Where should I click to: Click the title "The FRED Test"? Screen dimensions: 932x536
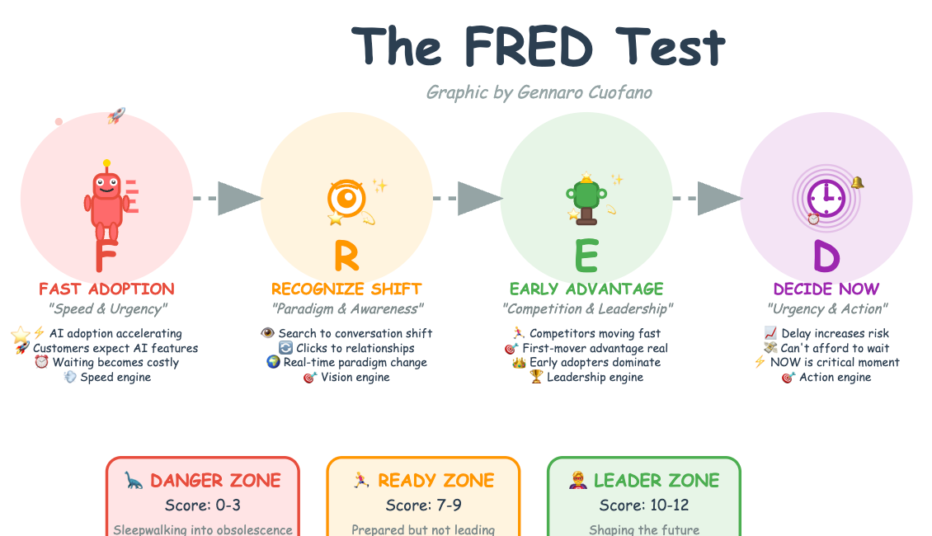tap(538, 46)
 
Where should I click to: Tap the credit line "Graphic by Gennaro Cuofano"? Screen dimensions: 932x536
tap(539, 92)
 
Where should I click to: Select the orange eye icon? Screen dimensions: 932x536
tap(346, 199)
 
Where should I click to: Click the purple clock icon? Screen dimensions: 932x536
tap(825, 198)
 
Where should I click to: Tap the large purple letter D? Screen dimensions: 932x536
tap(826, 256)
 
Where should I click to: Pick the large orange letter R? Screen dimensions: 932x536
tap(346, 256)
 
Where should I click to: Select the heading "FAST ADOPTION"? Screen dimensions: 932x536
tap(107, 289)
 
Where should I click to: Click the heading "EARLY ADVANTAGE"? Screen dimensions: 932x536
tap(586, 289)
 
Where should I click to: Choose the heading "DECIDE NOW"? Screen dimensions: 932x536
tap(826, 289)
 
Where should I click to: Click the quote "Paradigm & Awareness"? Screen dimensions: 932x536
tap(347, 309)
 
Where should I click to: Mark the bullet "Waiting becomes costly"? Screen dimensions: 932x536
tap(115, 363)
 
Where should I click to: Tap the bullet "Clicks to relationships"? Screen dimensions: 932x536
tap(355, 348)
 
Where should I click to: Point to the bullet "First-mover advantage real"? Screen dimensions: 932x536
tap(595, 348)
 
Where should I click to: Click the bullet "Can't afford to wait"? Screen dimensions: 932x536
tap(835, 348)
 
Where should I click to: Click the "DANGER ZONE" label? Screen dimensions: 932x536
tap(215, 481)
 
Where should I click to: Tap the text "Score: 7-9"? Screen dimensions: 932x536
tap(423, 505)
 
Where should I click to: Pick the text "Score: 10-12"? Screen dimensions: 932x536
tap(644, 505)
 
